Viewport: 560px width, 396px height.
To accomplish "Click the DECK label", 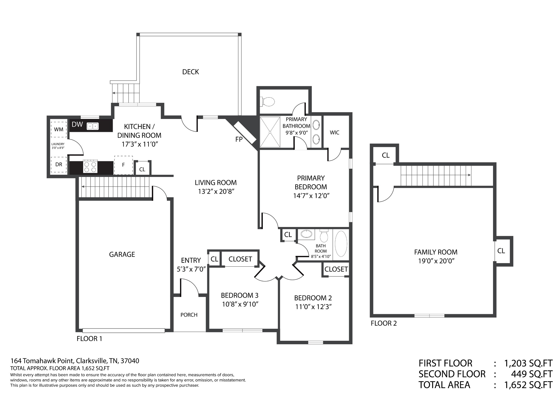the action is (x=191, y=72).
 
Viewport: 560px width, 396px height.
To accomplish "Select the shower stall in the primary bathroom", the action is (x=270, y=132).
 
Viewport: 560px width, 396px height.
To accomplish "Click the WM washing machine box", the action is (x=59, y=129).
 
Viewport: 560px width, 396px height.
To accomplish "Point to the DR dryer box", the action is (x=59, y=165).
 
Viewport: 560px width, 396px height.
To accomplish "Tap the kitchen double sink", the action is (x=93, y=126).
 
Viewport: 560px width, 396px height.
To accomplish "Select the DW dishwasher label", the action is (x=77, y=124).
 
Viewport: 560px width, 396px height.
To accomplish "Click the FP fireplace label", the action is (x=239, y=139).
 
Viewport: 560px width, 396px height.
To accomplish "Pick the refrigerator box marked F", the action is (x=123, y=165).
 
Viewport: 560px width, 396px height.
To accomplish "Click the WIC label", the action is (x=335, y=133).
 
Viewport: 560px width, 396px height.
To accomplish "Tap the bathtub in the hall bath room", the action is (x=341, y=244).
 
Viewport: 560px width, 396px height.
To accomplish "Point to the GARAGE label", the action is (x=122, y=255).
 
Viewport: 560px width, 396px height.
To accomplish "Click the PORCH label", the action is (x=189, y=315).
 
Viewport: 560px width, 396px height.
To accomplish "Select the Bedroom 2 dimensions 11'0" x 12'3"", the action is (x=313, y=307).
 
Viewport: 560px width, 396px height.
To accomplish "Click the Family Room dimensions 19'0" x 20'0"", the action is (x=436, y=261).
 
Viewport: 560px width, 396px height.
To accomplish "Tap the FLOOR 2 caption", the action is (x=384, y=323).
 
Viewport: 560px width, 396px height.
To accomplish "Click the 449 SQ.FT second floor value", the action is (x=532, y=374).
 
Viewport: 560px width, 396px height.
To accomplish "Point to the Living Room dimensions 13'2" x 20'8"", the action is (x=216, y=191).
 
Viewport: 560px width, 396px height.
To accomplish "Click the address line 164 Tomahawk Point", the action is (x=75, y=361).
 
